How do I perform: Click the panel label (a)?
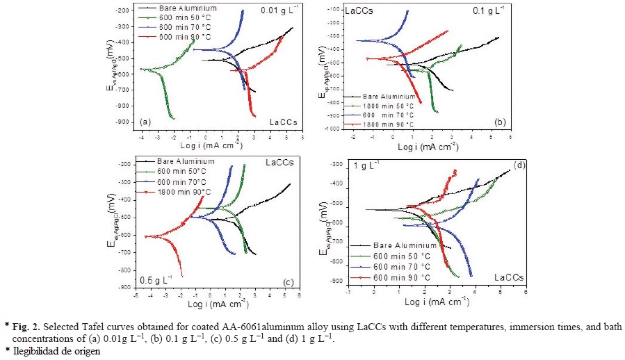click(x=145, y=122)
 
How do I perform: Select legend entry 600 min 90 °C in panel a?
click(x=184, y=35)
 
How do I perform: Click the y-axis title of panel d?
click(x=325, y=224)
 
